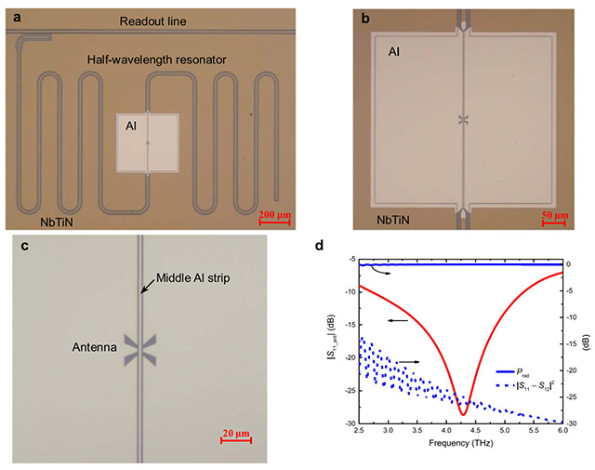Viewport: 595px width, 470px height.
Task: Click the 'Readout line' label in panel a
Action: point(152,21)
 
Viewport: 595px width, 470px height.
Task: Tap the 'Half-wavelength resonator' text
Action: point(157,60)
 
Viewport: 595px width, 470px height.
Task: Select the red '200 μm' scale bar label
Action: point(275,215)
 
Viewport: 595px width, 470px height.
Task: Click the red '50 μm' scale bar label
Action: point(555,215)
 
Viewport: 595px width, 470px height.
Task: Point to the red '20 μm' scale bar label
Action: point(236,433)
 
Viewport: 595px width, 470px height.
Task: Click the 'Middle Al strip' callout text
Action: point(193,278)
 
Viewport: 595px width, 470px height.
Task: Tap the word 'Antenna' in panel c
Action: point(95,347)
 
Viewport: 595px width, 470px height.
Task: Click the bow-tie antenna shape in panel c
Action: point(140,350)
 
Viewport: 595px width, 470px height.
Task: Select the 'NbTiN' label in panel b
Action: point(392,220)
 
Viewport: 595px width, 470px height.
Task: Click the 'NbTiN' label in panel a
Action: point(57,222)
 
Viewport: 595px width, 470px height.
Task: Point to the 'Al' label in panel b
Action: point(394,52)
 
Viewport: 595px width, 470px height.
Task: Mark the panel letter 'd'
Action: point(320,246)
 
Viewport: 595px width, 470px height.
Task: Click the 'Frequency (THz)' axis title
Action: point(461,443)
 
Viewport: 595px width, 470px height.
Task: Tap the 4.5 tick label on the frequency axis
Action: point(475,431)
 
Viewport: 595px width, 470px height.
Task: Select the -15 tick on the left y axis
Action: point(350,325)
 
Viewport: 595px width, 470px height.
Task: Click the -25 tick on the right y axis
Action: point(571,396)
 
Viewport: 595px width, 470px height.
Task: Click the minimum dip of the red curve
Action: point(463,415)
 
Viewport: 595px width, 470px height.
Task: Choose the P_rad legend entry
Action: point(512,372)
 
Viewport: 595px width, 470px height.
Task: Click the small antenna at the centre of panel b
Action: point(463,120)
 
